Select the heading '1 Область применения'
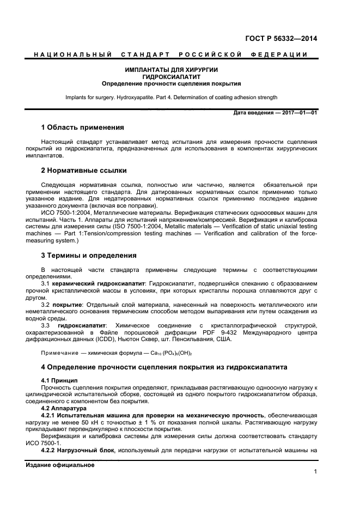click(x=83, y=127)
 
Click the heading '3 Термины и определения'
click(x=89, y=255)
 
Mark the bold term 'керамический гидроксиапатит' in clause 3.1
click(x=99, y=284)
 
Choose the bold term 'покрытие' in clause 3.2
click(x=67, y=304)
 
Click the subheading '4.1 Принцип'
click(x=59, y=379)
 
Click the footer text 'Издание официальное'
click(x=60, y=465)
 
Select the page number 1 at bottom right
click(x=315, y=472)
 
